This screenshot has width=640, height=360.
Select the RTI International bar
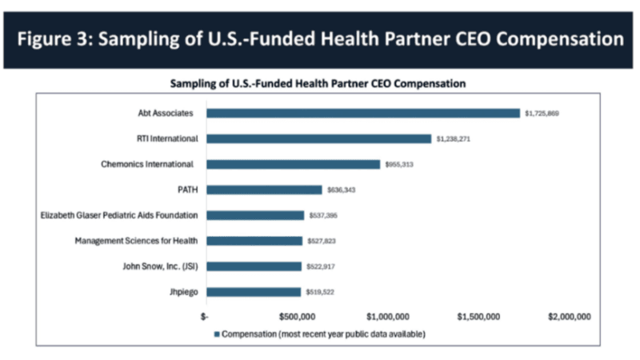coord(318,138)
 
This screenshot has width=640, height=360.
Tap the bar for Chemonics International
coord(293,164)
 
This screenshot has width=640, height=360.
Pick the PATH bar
coord(264,190)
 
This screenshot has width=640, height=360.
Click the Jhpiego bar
coord(254,292)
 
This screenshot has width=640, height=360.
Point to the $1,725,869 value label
coord(542,114)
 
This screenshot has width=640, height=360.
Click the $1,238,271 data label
coord(453,139)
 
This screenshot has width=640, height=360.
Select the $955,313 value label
coord(399,165)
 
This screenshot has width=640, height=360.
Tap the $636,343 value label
coord(342,190)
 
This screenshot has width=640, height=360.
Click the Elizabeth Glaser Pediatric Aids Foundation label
coord(119,215)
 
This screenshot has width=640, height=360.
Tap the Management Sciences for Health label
coord(136,241)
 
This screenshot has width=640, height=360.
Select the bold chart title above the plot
coord(318,82)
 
